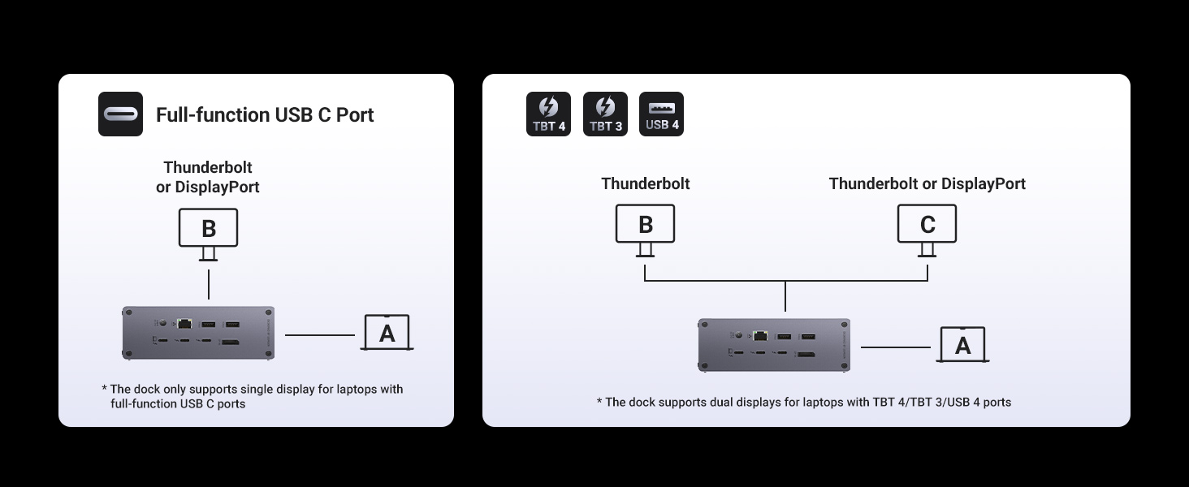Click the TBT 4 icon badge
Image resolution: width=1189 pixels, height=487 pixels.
click(548, 114)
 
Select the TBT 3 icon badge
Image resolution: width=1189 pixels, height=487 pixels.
click(605, 114)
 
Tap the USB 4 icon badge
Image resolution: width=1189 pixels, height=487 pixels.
click(661, 114)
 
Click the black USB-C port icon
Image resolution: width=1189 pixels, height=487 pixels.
click(120, 114)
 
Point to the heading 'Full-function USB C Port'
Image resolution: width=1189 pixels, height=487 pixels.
click(265, 114)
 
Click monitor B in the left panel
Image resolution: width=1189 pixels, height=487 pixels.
click(208, 235)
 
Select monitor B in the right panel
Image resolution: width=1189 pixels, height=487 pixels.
click(646, 231)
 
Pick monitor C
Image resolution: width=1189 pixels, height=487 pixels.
click(927, 231)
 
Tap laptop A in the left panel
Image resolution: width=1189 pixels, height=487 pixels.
click(387, 333)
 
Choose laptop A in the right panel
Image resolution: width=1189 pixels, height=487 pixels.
click(962, 345)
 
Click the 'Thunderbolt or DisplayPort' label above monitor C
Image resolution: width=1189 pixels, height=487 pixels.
click(927, 183)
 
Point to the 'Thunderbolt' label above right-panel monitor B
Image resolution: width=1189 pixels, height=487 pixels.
click(646, 183)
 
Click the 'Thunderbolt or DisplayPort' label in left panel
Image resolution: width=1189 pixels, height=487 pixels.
click(208, 177)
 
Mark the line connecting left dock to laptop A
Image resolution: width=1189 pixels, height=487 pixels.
click(319, 335)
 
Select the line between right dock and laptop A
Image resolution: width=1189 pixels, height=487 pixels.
click(896, 347)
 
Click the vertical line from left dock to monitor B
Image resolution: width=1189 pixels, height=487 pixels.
click(209, 284)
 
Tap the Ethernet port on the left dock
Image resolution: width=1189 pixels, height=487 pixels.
click(184, 322)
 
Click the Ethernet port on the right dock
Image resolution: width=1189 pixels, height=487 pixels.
click(760, 335)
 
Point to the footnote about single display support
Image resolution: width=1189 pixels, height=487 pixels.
click(252, 396)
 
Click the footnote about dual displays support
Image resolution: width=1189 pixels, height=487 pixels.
click(804, 402)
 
